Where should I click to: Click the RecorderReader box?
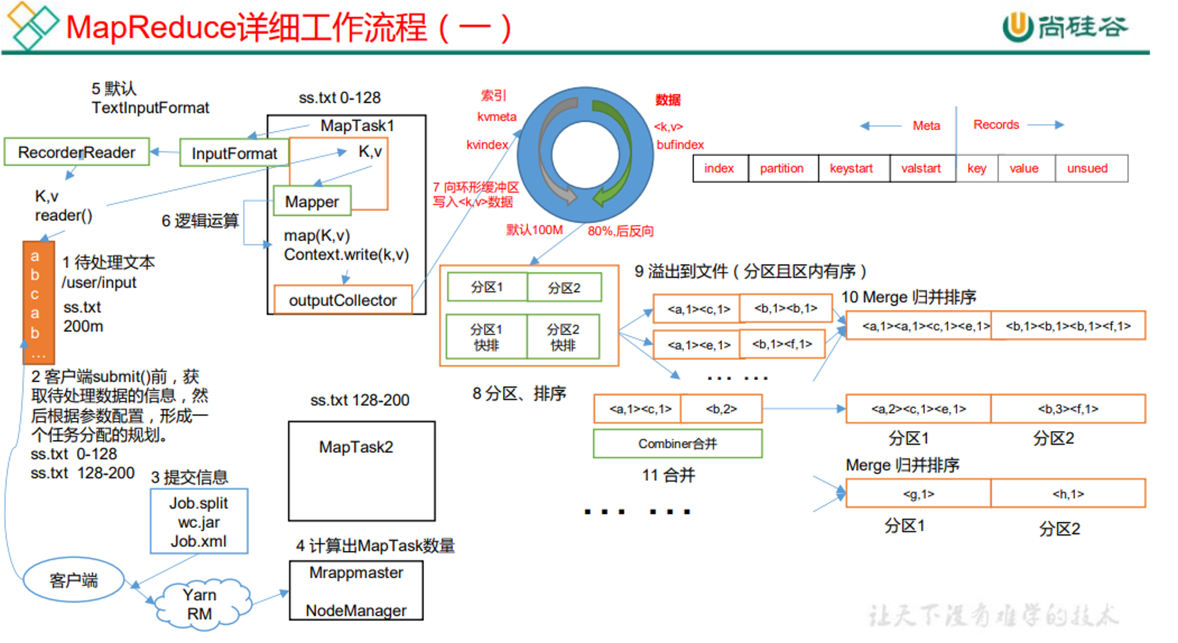(77, 152)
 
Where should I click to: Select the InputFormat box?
(234, 153)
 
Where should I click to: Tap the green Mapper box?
(312, 201)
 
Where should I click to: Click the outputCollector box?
(343, 300)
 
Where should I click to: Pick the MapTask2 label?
(356, 447)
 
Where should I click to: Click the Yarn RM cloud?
(200, 604)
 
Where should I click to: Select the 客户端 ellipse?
(74, 580)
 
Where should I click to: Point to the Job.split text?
(198, 503)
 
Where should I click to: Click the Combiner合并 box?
(677, 443)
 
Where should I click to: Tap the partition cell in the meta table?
(782, 168)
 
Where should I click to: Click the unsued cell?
(1087, 168)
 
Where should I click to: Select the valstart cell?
(921, 168)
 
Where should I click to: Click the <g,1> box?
(918, 493)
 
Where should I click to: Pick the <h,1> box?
(1068, 493)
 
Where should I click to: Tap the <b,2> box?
(722, 409)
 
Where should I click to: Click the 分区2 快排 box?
(563, 337)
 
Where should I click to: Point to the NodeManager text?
(356, 611)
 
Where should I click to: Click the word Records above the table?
(996, 124)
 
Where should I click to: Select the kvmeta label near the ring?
(497, 117)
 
